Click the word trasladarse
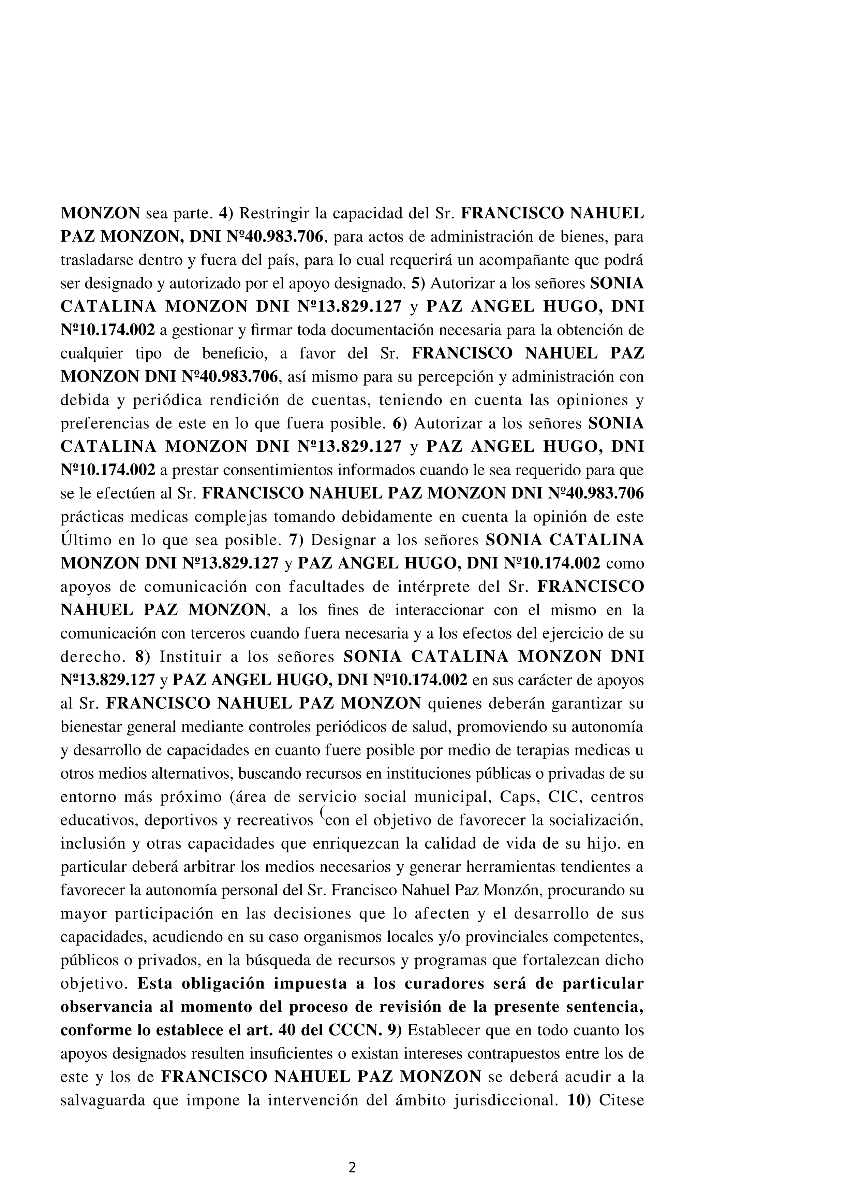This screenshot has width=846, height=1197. click(93, 260)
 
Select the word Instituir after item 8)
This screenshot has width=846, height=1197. click(189, 657)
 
